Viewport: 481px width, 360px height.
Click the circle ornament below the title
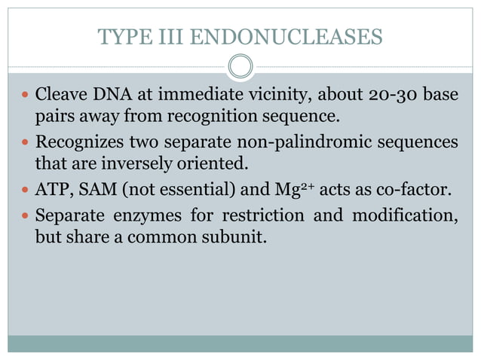click(x=240, y=67)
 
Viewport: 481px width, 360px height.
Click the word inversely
click(x=130, y=163)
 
